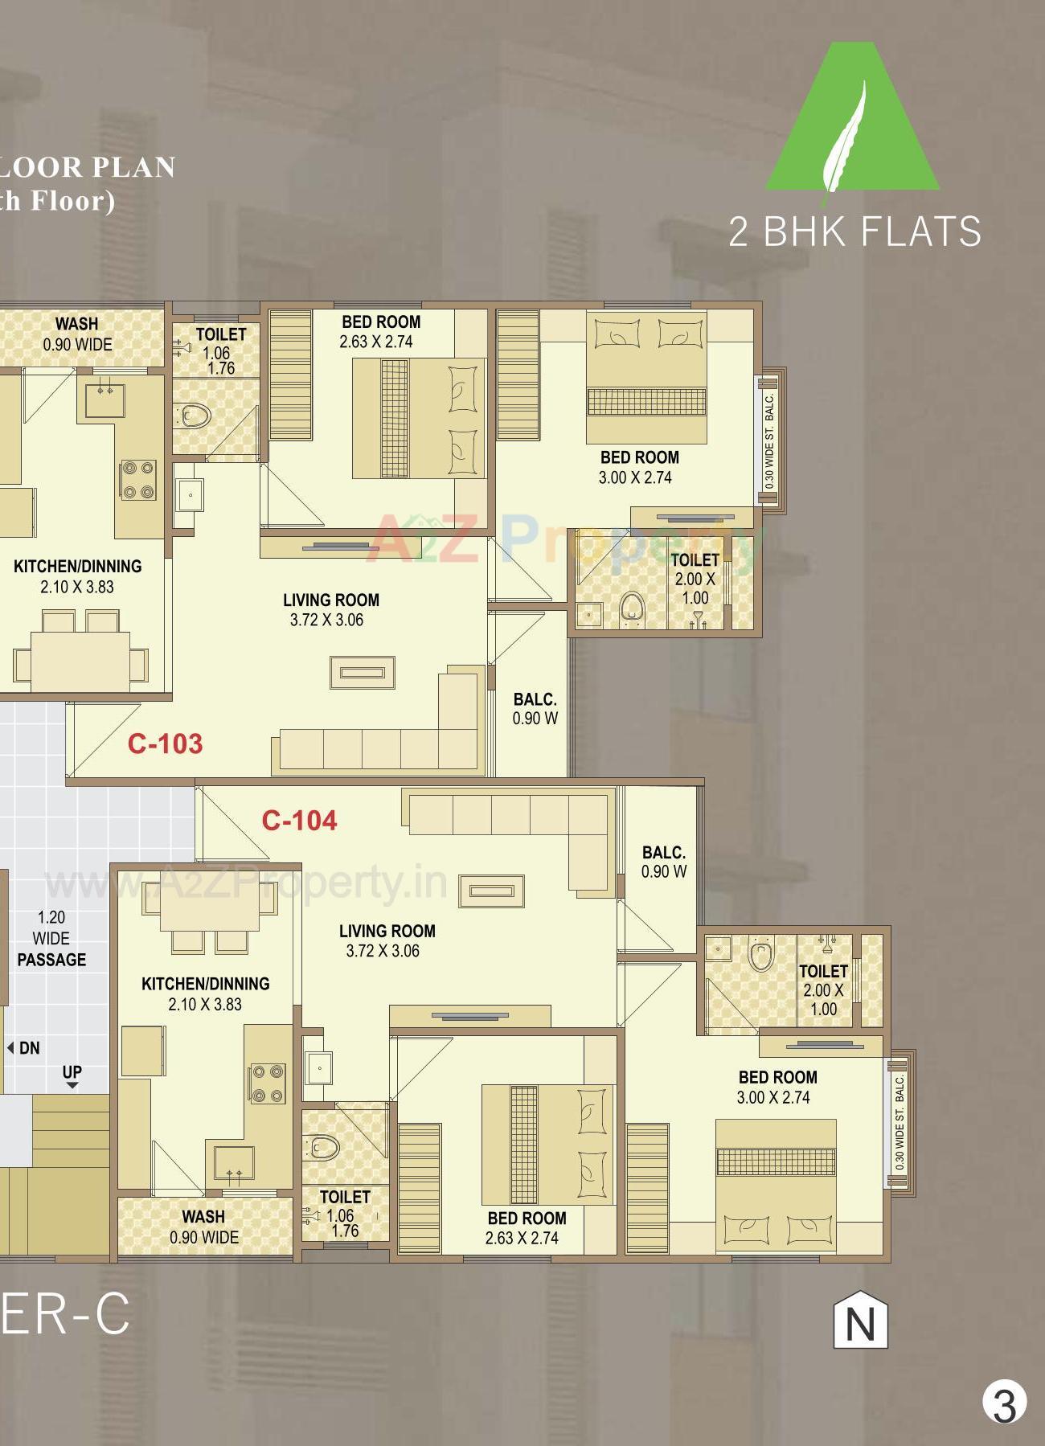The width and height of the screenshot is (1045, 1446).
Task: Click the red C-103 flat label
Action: click(x=165, y=743)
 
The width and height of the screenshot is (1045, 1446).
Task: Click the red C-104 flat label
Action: click(x=299, y=820)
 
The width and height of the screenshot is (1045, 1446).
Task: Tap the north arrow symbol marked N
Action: click(x=860, y=1320)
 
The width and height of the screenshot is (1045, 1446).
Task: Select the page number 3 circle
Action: click(x=1004, y=1403)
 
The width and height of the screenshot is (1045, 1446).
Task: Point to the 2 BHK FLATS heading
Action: click(x=854, y=231)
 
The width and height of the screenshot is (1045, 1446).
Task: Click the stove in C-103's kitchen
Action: click(x=138, y=480)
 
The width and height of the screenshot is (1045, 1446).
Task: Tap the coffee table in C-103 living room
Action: click(x=363, y=673)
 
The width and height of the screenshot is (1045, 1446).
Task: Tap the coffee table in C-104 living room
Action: click(x=491, y=891)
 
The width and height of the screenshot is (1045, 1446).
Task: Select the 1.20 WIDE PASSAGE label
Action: click(x=51, y=938)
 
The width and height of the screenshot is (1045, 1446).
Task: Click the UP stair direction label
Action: click(x=72, y=1073)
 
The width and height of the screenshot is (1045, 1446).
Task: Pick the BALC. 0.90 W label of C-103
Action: click(x=535, y=709)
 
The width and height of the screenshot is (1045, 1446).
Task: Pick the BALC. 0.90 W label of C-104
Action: click(x=663, y=862)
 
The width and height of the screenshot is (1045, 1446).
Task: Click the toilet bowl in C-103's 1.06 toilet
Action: click(x=194, y=416)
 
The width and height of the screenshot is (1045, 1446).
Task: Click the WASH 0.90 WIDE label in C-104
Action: click(x=203, y=1227)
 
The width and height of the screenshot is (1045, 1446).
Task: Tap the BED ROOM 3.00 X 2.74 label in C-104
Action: click(x=777, y=1087)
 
